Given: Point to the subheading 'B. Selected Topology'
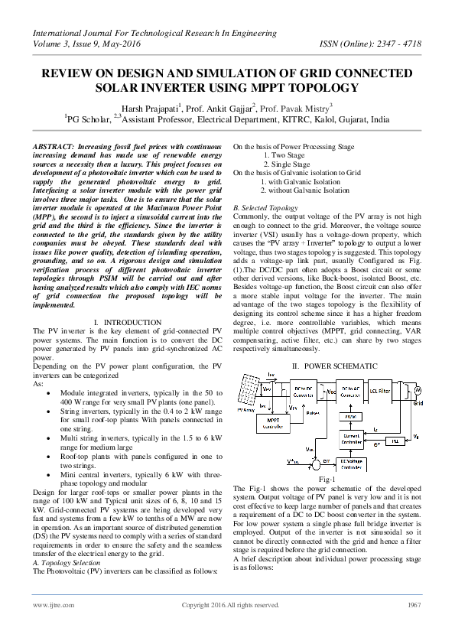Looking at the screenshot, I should (x=265, y=208).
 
